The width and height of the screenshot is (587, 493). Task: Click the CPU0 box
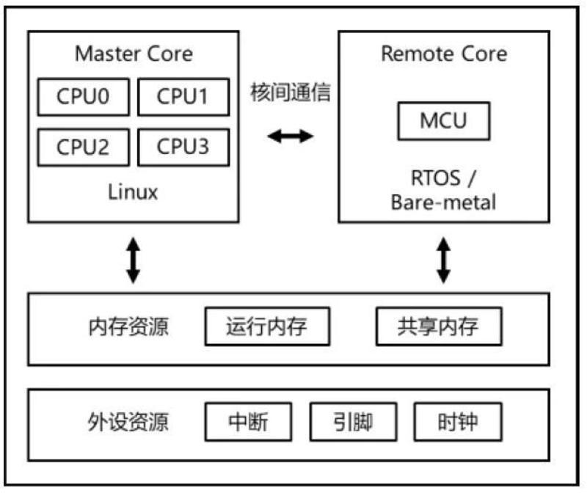click(83, 98)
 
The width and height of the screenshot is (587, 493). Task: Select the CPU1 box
click(182, 98)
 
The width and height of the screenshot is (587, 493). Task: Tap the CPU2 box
click(83, 147)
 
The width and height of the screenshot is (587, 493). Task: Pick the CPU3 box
click(182, 147)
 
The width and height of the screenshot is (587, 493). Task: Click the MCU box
click(443, 120)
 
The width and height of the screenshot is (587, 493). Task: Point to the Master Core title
click(134, 54)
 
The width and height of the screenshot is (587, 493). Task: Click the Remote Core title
click(443, 54)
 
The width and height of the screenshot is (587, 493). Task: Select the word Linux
click(133, 193)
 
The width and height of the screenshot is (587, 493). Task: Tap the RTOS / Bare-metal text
click(443, 190)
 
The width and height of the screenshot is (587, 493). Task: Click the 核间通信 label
click(290, 93)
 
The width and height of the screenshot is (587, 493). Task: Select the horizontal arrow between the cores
click(290, 136)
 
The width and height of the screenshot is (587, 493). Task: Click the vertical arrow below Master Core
click(133, 259)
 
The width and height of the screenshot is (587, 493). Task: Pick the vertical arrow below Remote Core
click(443, 259)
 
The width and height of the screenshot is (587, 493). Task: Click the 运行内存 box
click(267, 326)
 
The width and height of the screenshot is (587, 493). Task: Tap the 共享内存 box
click(439, 326)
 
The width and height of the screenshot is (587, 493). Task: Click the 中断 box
click(248, 423)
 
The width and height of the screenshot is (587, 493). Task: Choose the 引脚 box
click(352, 423)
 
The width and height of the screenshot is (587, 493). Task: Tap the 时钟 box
click(458, 423)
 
